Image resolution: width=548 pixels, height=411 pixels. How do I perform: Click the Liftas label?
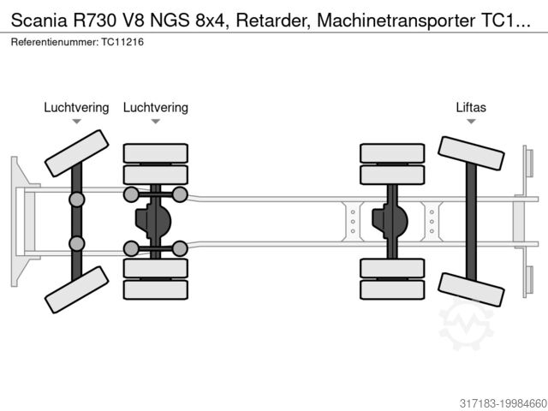[470, 107]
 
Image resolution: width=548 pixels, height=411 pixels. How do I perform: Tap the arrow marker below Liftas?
[470, 122]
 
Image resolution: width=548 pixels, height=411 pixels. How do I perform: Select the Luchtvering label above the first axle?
[76, 107]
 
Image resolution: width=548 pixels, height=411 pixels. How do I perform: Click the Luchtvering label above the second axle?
[155, 107]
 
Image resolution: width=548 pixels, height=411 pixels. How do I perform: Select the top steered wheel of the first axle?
[76, 153]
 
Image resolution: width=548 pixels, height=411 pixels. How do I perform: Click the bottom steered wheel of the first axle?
[76, 289]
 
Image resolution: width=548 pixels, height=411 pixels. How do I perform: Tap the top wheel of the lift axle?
[471, 153]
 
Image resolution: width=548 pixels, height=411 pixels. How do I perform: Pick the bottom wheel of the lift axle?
[471, 289]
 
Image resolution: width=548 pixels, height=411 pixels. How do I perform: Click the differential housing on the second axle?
[154, 221]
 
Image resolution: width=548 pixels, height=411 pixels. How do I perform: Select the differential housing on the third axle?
[391, 221]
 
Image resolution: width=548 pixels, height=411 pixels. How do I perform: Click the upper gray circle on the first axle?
[77, 200]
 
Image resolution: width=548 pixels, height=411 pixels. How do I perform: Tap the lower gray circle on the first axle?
[77, 243]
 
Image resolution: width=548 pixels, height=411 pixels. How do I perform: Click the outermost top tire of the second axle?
[155, 153]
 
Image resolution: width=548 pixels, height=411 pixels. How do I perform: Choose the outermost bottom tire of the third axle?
[392, 289]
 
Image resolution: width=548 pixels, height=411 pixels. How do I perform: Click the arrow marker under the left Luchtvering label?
[76, 122]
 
